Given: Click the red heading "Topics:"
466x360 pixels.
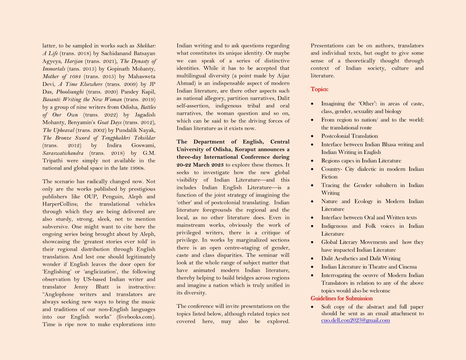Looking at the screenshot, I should point(319,90).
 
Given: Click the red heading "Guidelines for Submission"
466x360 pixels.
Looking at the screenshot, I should point(342,298).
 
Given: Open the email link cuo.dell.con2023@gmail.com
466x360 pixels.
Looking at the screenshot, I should point(355,320).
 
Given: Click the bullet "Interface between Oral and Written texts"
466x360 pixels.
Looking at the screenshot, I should point(369,217).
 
